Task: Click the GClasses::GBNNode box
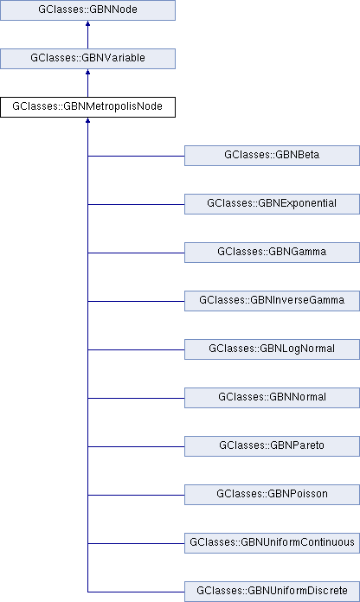point(87,10)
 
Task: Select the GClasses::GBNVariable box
point(87,58)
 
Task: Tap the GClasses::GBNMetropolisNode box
point(87,106)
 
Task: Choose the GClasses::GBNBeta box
point(272,156)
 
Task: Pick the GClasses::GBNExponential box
point(272,204)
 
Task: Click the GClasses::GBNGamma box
point(272,253)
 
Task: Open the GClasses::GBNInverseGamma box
point(272,301)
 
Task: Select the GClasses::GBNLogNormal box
point(272,349)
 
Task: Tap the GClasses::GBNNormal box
point(272,397)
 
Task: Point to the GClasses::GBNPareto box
point(272,445)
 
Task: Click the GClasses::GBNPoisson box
point(272,494)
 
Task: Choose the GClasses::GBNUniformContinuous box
point(272,542)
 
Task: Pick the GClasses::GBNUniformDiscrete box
point(272,592)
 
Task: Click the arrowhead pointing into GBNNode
point(87,23)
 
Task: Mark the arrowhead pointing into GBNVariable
point(87,72)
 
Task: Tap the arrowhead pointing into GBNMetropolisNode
point(87,120)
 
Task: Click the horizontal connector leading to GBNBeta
point(136,156)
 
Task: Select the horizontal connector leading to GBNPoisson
point(136,495)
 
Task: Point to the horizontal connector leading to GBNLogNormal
point(136,349)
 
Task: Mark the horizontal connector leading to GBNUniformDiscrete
point(136,592)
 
